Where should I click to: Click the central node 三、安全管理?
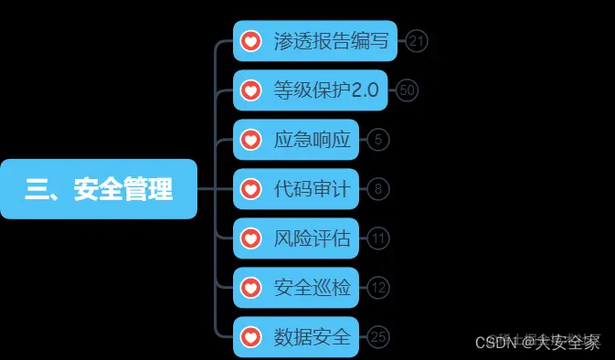[x=99, y=189]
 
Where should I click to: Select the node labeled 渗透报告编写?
[x=315, y=41]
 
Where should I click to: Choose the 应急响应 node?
[x=297, y=140]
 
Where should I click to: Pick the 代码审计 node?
[x=297, y=189]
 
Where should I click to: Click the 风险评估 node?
[x=297, y=238]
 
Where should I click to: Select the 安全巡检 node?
[x=297, y=288]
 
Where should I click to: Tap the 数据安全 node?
[x=297, y=337]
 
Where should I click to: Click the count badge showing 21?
[x=418, y=41]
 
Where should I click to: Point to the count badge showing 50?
[x=408, y=90]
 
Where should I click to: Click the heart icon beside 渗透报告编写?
[x=250, y=41]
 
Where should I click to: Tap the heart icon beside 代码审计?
[x=250, y=189]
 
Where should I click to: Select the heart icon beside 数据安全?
[x=250, y=337]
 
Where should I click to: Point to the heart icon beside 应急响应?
[x=250, y=140]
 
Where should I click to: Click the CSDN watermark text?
[x=538, y=343]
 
